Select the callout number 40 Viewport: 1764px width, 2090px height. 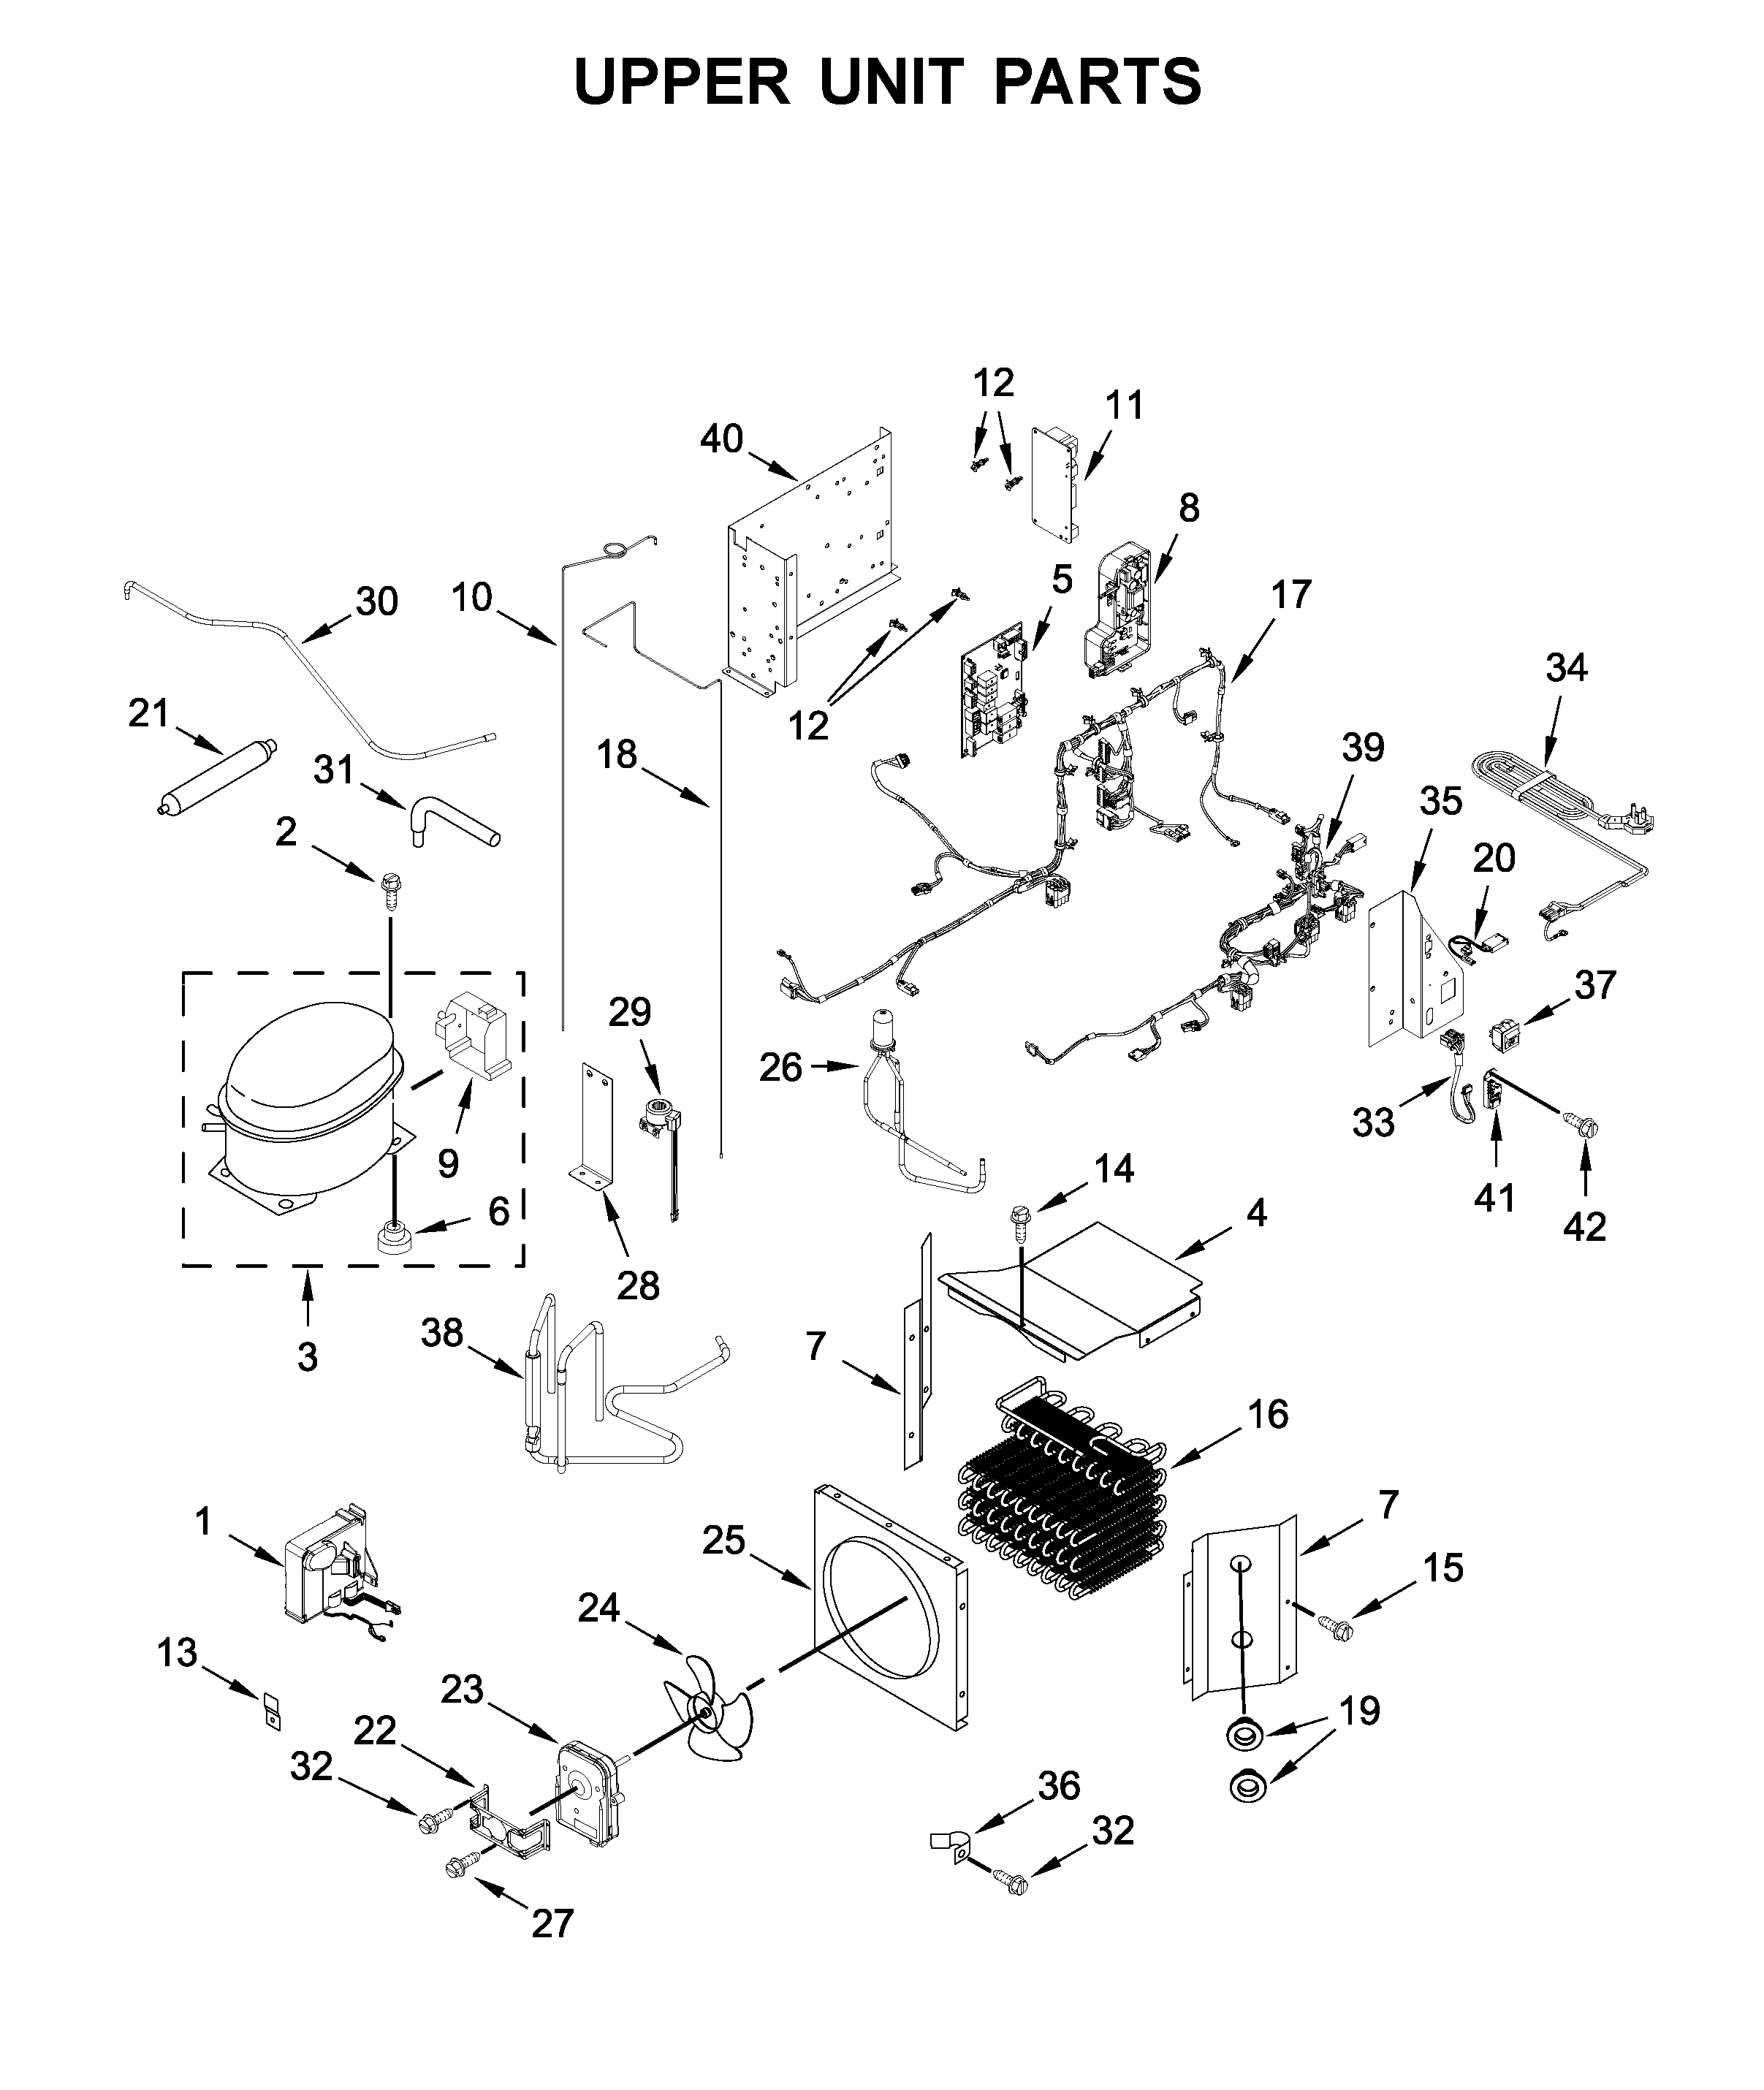721,439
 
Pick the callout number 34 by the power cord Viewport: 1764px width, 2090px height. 1566,668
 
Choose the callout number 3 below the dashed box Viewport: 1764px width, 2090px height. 307,1357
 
